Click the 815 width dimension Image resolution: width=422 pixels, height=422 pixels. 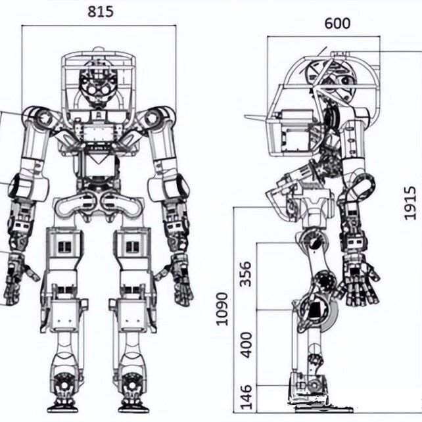click(101, 12)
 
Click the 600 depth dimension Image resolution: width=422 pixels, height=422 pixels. click(337, 24)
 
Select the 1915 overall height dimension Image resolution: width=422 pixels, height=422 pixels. click(410, 203)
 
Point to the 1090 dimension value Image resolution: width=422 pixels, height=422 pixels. click(222, 309)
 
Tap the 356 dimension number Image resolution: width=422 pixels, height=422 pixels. click(245, 274)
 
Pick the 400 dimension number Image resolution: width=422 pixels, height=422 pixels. click(246, 345)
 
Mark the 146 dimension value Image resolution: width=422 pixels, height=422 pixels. click(246, 397)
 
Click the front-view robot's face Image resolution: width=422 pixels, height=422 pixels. click(98, 84)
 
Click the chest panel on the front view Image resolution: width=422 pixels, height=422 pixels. click(98, 133)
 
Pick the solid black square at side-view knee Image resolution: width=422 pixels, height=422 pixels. click(313, 310)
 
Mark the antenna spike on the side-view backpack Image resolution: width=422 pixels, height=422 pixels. click(256, 118)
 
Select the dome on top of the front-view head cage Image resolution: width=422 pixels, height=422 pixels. click(98, 50)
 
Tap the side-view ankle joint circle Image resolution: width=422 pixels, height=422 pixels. click(314, 385)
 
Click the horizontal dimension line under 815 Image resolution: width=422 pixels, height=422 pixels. click(99, 26)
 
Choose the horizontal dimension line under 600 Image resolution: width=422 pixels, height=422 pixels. click(324, 36)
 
